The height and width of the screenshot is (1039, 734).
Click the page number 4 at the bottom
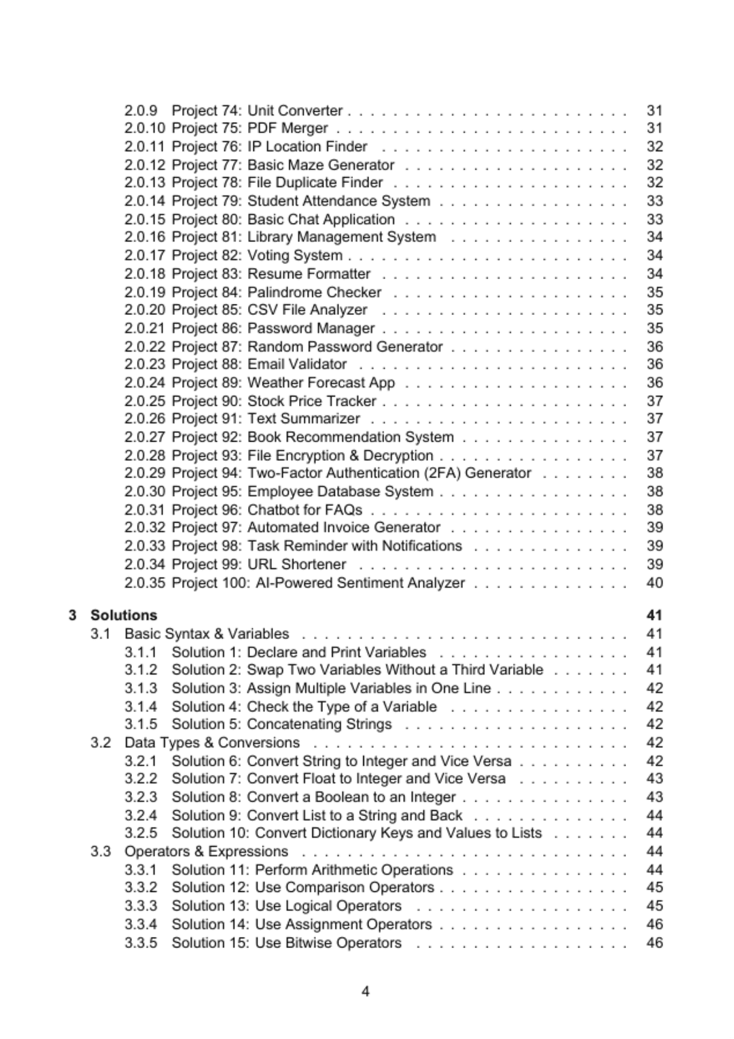tap(366, 991)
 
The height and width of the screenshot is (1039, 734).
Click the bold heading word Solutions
tap(124, 615)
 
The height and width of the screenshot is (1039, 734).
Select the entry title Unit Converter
tap(295, 110)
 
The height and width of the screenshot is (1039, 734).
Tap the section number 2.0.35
tap(144, 583)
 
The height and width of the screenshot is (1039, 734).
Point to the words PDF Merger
tap(287, 128)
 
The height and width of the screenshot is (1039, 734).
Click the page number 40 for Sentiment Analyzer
tap(654, 583)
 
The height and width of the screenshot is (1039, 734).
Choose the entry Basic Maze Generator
tap(321, 165)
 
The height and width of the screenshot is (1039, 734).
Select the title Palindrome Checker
tap(314, 292)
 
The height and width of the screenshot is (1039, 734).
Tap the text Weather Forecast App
tap(321, 382)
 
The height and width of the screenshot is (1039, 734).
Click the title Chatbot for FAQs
tap(304, 509)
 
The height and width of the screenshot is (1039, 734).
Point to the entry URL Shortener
tap(296, 564)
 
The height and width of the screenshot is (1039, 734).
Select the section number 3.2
tap(101, 742)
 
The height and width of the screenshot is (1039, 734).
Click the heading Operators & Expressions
tap(206, 851)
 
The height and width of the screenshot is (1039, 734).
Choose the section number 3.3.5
tap(141, 942)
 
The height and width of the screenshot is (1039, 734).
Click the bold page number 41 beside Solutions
tap(654, 615)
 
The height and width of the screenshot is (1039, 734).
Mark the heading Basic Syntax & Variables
tap(207, 633)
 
